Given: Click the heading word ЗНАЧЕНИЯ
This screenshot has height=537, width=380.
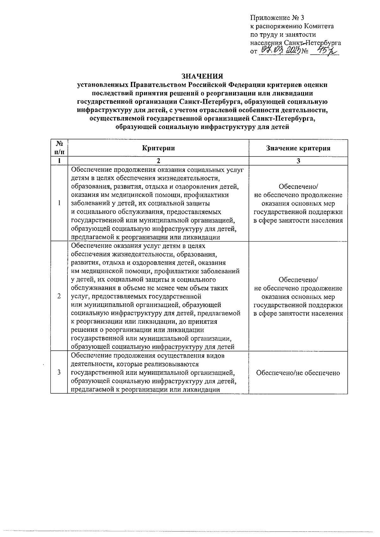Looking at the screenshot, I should [x=202, y=76].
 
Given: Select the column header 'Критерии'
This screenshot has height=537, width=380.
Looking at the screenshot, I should [x=158, y=148].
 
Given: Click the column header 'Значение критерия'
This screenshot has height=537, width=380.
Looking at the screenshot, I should [x=298, y=148].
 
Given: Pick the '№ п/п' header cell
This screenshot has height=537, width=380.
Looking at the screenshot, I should [x=59, y=148].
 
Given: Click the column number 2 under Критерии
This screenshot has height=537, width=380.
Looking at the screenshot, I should [x=158, y=161].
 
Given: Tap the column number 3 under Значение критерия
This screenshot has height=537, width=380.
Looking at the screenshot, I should [x=298, y=161].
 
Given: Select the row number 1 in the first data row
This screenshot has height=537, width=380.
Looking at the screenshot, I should [x=59, y=203].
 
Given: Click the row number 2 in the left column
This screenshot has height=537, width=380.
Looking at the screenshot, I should [x=59, y=296].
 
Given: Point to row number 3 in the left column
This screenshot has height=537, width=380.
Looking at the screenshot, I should [x=59, y=372].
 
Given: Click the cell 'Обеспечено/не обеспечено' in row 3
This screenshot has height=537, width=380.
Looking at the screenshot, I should [x=298, y=373].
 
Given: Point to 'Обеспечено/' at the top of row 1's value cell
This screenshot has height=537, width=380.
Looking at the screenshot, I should [x=298, y=187].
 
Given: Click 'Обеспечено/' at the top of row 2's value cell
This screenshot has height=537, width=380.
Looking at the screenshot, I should [x=298, y=280].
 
